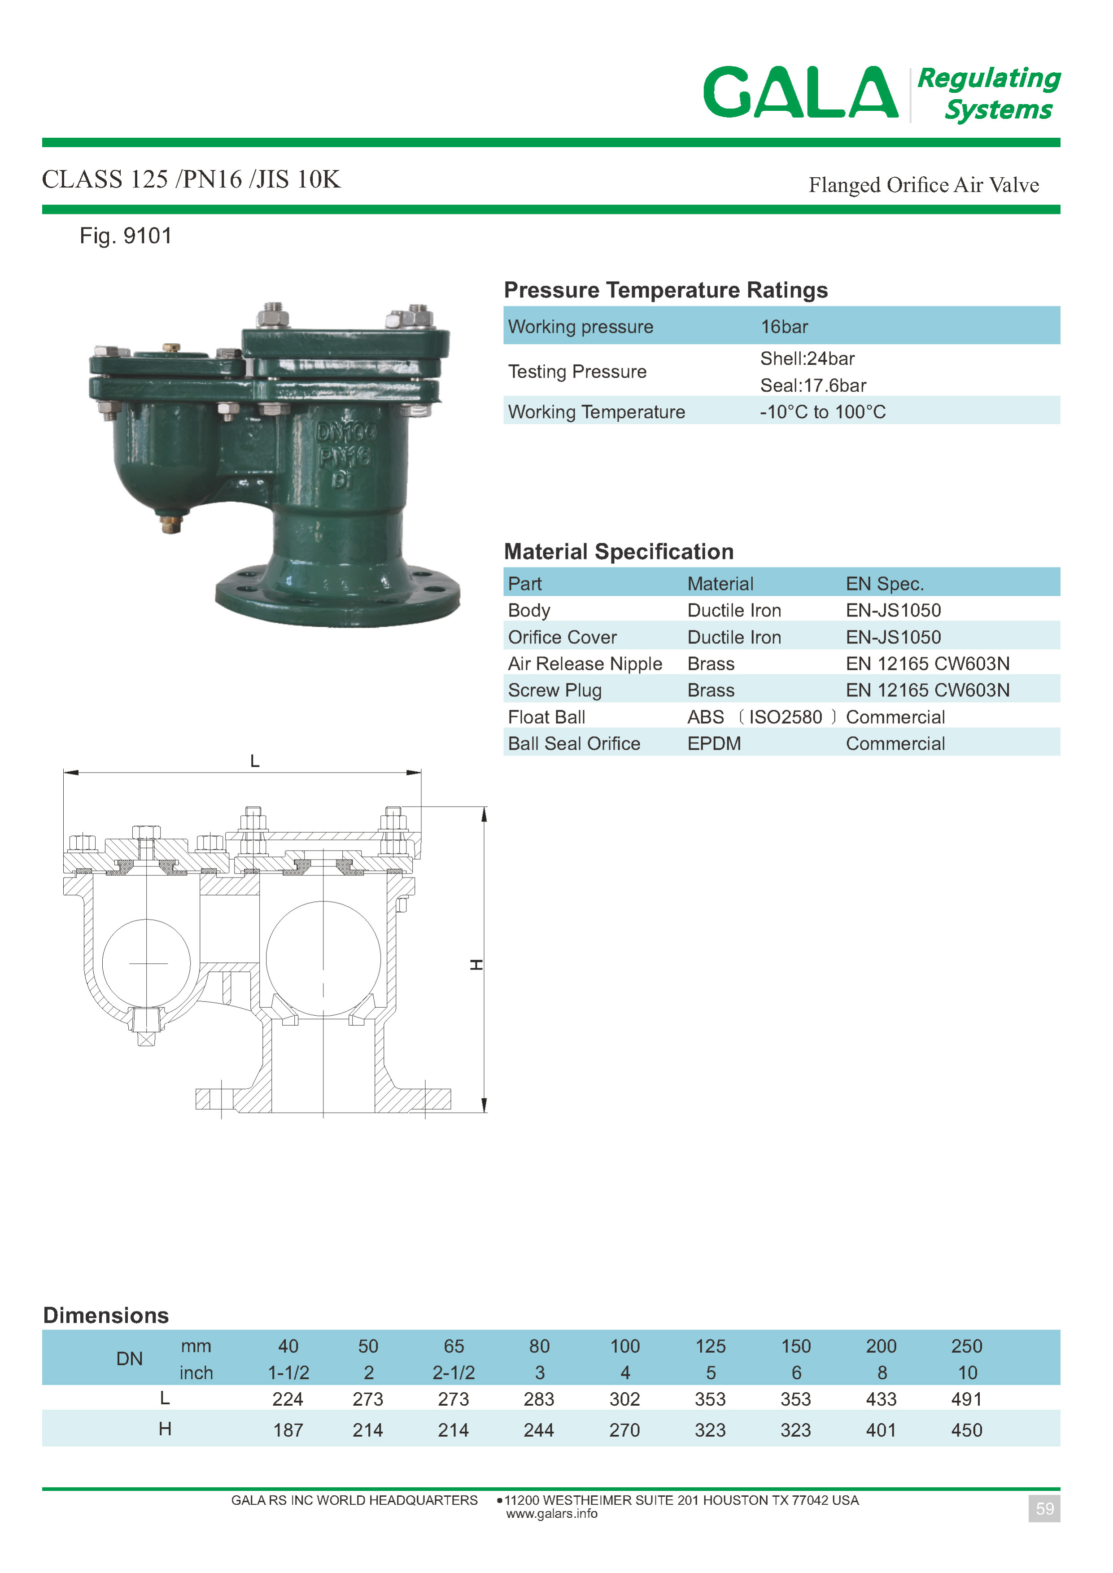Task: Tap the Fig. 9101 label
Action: (x=126, y=236)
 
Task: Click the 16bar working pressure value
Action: (x=784, y=327)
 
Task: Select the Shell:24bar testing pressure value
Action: (x=807, y=358)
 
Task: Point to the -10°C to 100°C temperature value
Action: (x=822, y=412)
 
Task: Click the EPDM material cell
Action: (x=714, y=744)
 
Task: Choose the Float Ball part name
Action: (x=546, y=717)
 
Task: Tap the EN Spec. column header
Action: (x=885, y=584)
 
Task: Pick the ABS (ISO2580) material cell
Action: (x=761, y=717)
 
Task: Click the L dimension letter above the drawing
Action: (x=255, y=761)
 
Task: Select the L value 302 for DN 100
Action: (x=624, y=1399)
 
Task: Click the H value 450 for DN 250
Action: (x=966, y=1430)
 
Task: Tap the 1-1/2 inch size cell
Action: (x=288, y=1373)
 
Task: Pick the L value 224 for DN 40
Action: (x=288, y=1399)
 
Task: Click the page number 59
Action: (x=1044, y=1508)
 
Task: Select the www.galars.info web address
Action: (x=552, y=1513)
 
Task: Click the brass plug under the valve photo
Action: (x=171, y=524)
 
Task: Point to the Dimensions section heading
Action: (x=106, y=1315)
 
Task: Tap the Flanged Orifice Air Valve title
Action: (x=923, y=185)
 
